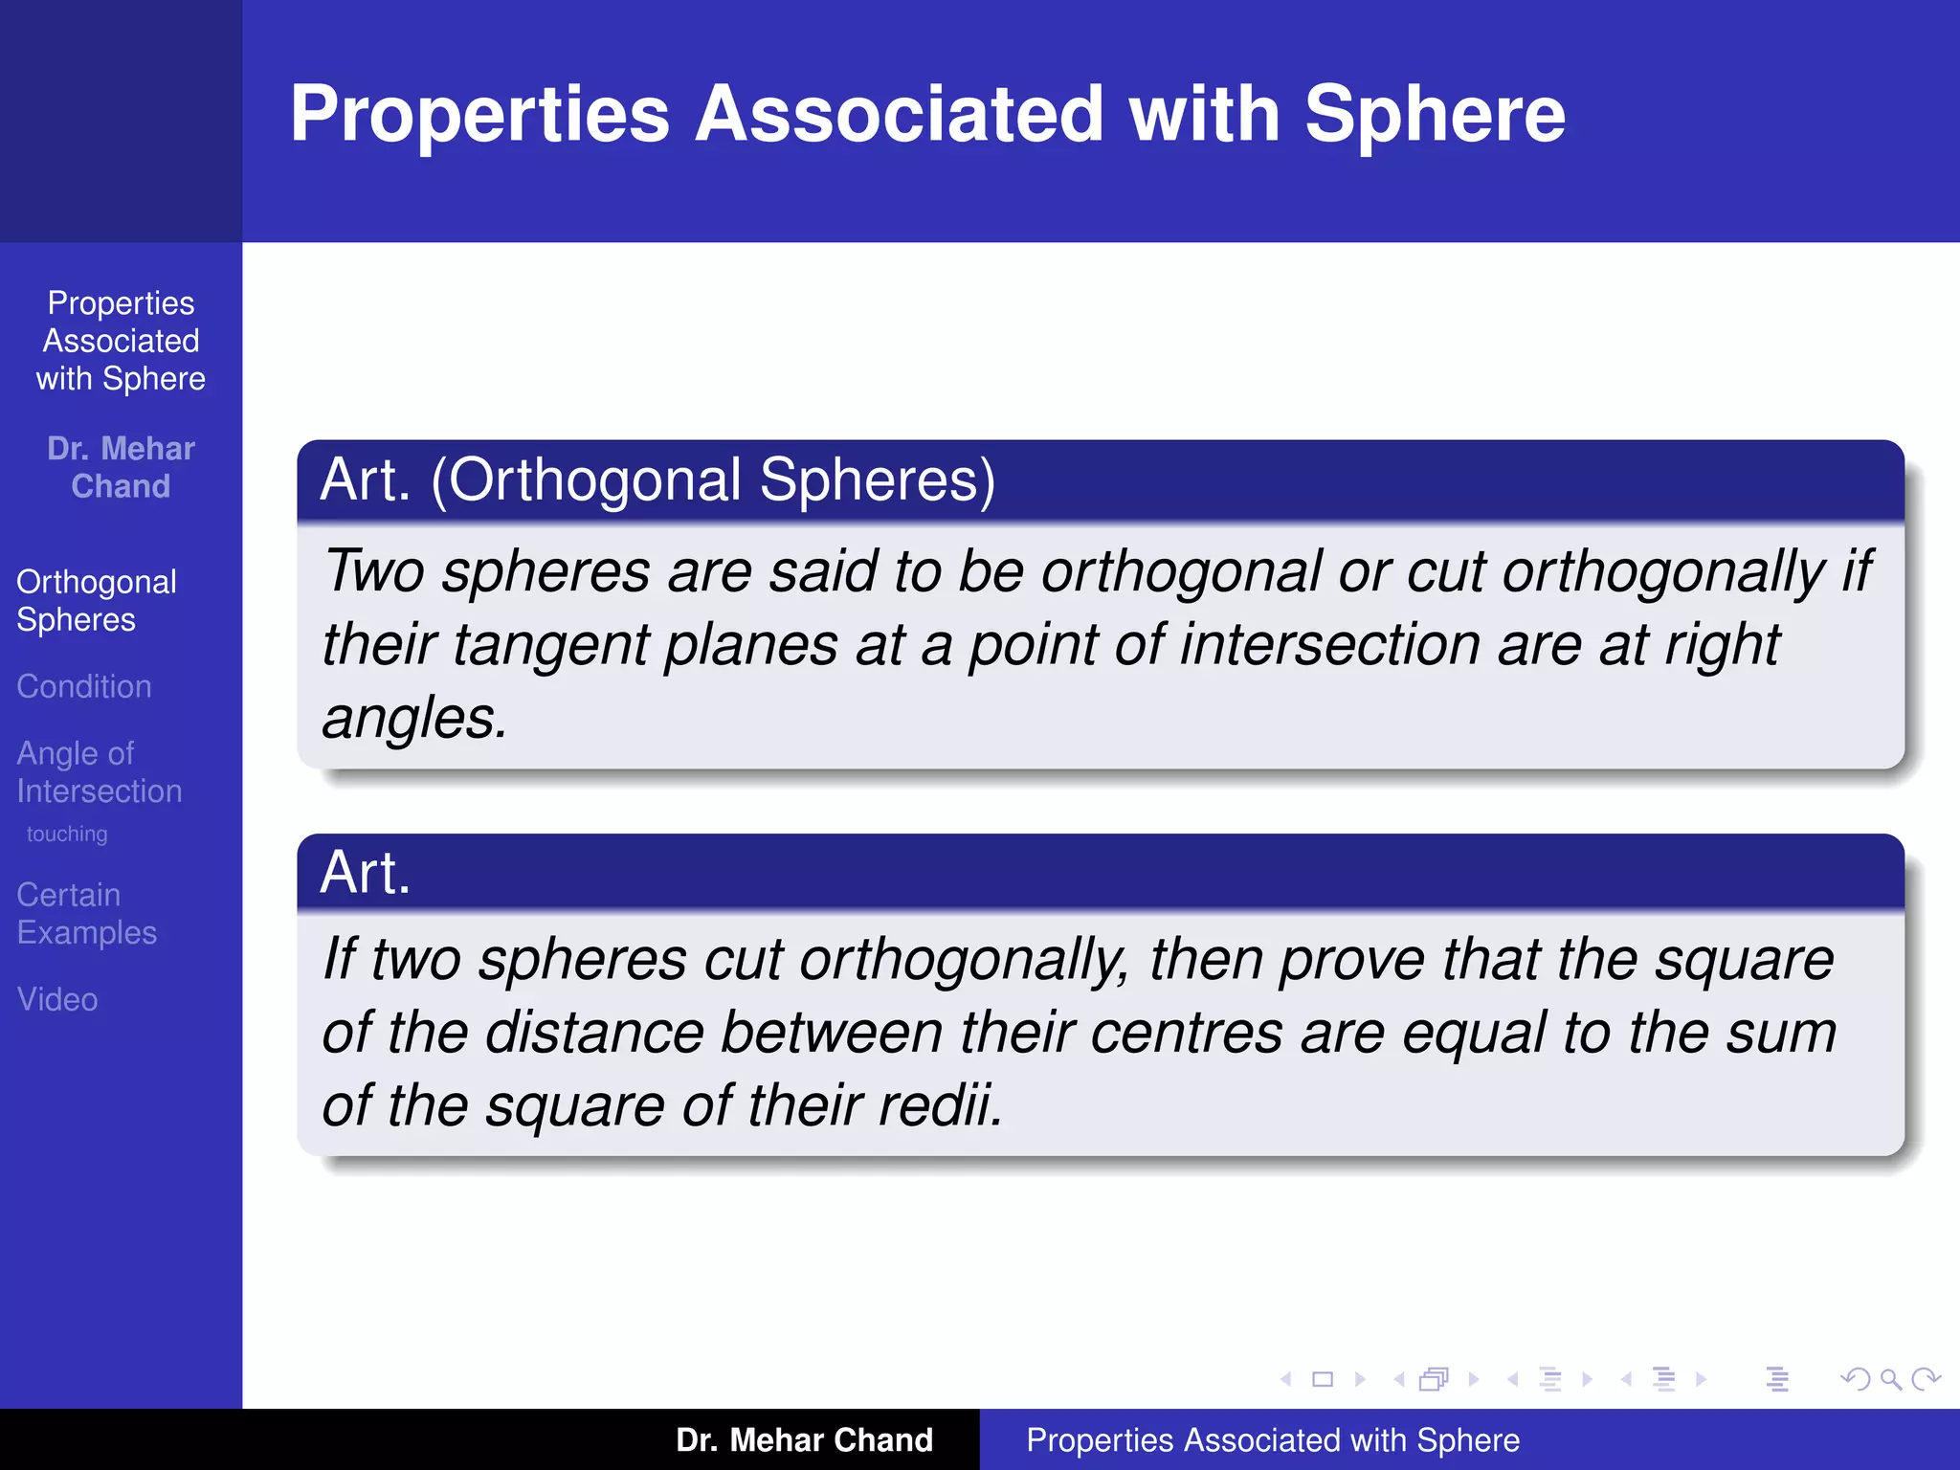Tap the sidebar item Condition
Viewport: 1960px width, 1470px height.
click(x=84, y=686)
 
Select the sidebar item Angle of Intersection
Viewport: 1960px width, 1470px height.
click(x=99, y=771)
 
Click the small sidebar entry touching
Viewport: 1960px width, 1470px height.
click(x=67, y=834)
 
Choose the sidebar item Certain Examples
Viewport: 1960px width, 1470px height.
click(x=86, y=913)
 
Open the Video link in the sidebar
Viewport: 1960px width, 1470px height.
click(x=57, y=999)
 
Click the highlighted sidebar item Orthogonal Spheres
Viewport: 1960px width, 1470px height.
click(x=96, y=600)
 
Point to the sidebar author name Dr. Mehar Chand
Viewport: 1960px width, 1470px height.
click(x=121, y=467)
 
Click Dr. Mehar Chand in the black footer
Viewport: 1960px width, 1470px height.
click(x=804, y=1439)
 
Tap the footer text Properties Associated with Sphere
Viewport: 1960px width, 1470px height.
click(x=1273, y=1439)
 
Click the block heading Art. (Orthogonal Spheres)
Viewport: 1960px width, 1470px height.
click(x=657, y=479)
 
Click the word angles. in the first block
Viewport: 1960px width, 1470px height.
click(x=414, y=718)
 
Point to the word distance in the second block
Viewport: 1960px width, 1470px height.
click(x=594, y=1033)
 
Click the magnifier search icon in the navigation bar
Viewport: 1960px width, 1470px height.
click(x=1890, y=1379)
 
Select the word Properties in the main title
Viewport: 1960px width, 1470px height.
click(x=479, y=115)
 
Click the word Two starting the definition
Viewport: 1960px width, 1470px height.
click(x=373, y=571)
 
